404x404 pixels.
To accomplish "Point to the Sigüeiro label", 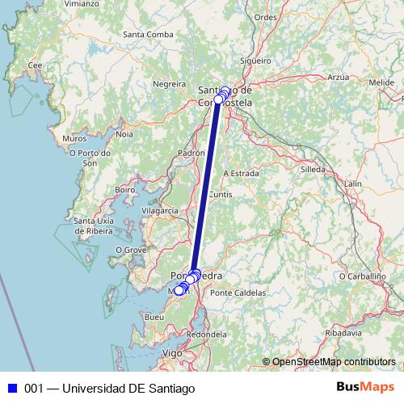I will tap(256, 60).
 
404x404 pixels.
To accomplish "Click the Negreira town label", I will tap(170, 83).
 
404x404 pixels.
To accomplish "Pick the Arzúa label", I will tap(338, 77).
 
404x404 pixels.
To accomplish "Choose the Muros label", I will tap(74, 139).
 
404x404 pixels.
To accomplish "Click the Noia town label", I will tap(124, 134).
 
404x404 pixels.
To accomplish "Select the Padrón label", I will tap(191, 152).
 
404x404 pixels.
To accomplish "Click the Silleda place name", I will tap(313, 170).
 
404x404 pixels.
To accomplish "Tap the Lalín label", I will tap(352, 184).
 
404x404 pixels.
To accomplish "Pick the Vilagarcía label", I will tap(159, 210).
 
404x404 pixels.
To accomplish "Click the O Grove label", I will tap(129, 250).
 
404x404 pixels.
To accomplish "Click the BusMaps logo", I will tap(364, 387).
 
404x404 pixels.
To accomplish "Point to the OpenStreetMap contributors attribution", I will tap(333, 361).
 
